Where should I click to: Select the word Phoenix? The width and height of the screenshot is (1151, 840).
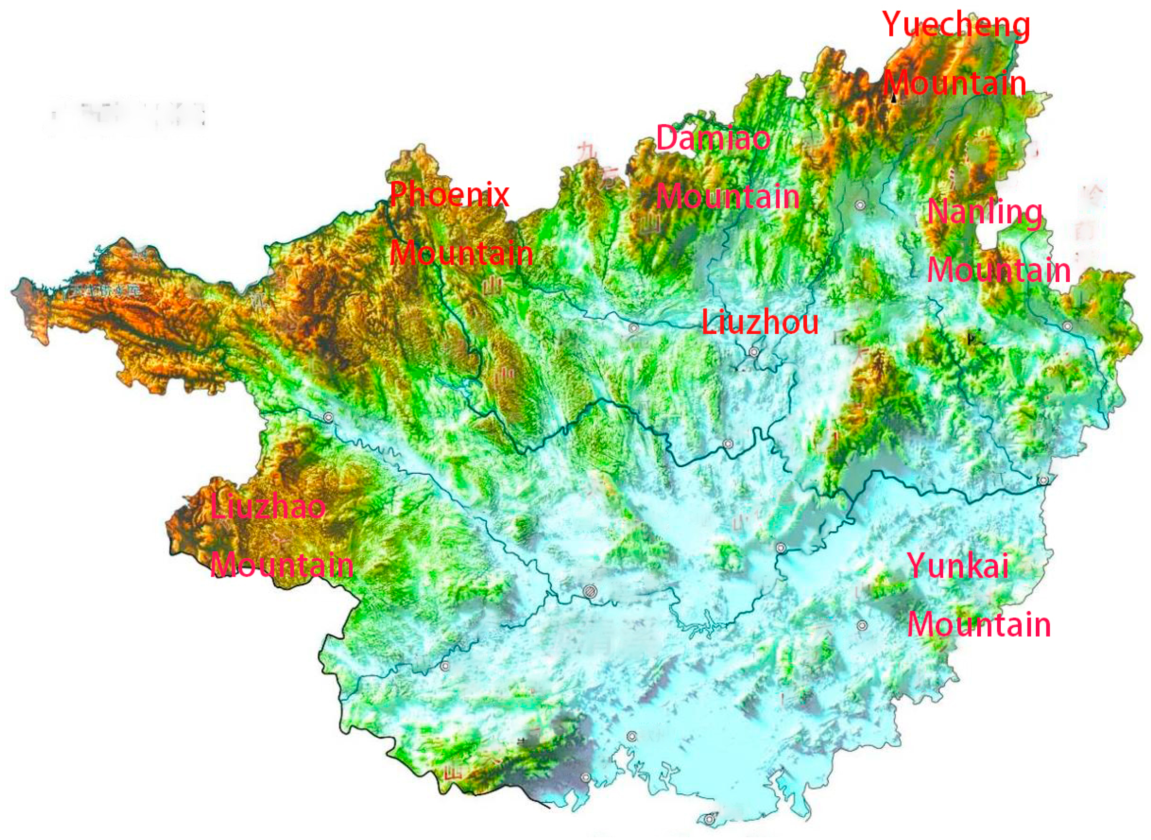449,194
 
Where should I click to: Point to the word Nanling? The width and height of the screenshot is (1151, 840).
984,212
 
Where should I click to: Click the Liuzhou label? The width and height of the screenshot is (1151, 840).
760,322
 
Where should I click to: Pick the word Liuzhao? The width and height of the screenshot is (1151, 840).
268,507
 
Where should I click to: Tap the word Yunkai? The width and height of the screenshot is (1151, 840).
957,566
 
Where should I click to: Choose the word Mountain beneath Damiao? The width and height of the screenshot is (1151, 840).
728,196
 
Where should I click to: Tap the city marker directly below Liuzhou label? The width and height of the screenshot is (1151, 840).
754,352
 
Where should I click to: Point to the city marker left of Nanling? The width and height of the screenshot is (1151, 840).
860,205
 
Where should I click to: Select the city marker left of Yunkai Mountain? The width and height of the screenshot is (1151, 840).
862,626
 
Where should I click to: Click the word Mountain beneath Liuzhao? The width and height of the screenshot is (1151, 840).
282,565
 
